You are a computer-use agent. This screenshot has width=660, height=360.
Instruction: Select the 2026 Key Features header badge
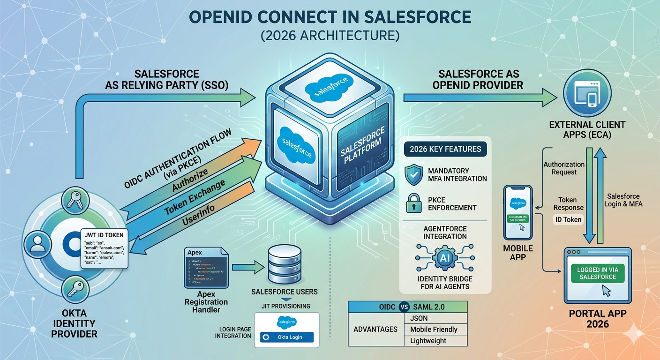pos(445,150)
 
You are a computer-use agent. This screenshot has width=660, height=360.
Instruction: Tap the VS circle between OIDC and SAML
pos(404,307)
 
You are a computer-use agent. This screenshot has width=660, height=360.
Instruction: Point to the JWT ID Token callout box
pos(105,249)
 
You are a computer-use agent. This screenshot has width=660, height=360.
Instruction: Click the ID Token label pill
pos(569,219)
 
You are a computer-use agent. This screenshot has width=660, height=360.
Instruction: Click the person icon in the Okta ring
pos(36,243)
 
